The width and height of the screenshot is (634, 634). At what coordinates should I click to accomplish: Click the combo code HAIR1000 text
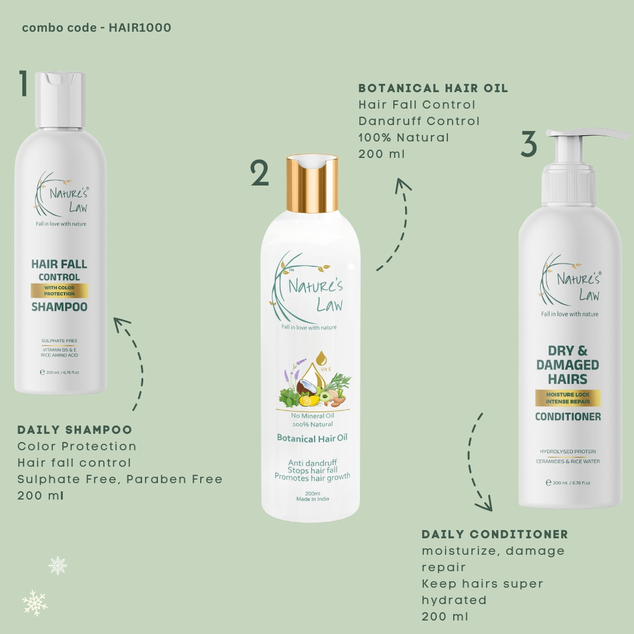pos(96,28)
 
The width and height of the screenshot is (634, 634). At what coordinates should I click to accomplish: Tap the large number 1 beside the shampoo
pos(23,84)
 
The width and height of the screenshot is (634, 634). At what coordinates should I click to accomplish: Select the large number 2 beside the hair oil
pos(259,174)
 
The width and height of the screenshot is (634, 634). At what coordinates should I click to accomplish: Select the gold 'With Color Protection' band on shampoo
pos(59,291)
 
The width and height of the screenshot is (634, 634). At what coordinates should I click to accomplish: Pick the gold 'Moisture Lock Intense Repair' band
pos(568,398)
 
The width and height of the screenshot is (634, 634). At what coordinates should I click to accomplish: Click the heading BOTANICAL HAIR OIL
pos(433,89)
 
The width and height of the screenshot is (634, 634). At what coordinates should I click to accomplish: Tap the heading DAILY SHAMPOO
pos(75,430)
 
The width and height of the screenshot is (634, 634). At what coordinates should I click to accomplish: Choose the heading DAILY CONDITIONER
pos(494,534)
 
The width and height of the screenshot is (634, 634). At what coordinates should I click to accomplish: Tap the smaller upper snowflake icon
pos(58,565)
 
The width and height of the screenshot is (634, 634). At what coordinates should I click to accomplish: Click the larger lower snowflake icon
pos(35,603)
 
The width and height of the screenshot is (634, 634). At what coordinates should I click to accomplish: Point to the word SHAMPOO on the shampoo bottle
pos(59,307)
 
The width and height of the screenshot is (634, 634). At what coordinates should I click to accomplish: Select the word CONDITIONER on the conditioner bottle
pos(568,417)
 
